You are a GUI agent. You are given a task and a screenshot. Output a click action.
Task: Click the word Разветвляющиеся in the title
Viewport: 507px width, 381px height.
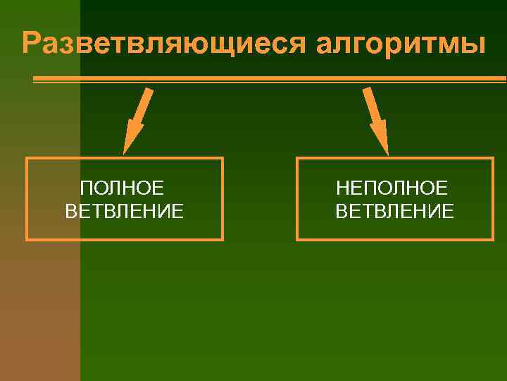(x=164, y=43)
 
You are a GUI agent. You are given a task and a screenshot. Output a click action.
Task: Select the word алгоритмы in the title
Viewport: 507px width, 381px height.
(x=402, y=43)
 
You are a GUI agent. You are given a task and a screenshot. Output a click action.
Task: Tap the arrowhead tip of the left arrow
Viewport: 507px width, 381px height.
(x=125, y=152)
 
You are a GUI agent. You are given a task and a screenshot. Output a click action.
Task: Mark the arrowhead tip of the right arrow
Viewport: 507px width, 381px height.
(x=387, y=152)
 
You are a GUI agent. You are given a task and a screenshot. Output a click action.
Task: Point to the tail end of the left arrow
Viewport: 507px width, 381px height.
(x=149, y=89)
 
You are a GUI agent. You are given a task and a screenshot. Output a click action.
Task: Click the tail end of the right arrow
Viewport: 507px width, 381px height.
(x=366, y=89)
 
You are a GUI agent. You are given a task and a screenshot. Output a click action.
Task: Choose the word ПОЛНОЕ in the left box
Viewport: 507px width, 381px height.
(x=123, y=188)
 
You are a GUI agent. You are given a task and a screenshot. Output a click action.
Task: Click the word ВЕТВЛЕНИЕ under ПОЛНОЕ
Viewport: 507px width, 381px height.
(x=125, y=210)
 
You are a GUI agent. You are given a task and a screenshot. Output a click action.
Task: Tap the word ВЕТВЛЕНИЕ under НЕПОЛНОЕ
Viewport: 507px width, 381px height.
(x=395, y=210)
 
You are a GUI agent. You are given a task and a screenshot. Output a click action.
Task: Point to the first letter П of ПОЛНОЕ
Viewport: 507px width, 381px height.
(x=86, y=188)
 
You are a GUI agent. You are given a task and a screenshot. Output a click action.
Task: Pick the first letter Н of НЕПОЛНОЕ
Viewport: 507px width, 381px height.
(x=342, y=188)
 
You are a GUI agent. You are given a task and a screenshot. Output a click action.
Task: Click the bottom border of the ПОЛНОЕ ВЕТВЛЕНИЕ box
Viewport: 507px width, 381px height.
(x=125, y=239)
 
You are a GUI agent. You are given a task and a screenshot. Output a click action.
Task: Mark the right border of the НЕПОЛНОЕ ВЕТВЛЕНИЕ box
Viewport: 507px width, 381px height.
(x=492, y=199)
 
